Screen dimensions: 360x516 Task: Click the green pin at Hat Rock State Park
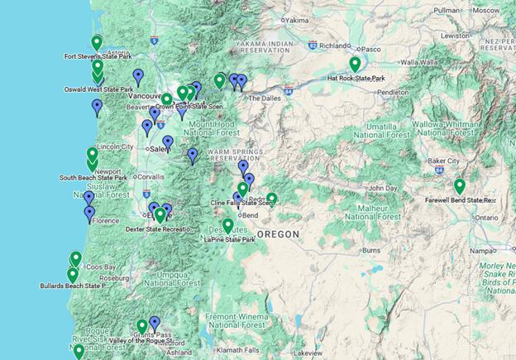[x=355, y=64]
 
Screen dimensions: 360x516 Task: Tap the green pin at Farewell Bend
[x=459, y=186]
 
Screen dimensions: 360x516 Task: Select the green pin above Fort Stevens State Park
[x=97, y=42]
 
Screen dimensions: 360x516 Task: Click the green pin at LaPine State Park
[x=227, y=225]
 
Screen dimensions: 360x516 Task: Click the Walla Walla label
[x=421, y=61]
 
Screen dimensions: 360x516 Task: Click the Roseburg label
[x=114, y=278]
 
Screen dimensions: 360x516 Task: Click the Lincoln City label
[x=115, y=146]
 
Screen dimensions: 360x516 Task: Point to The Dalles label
[x=265, y=98]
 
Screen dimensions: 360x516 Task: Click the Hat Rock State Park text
[x=356, y=79]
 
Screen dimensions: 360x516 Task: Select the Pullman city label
[x=447, y=10]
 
